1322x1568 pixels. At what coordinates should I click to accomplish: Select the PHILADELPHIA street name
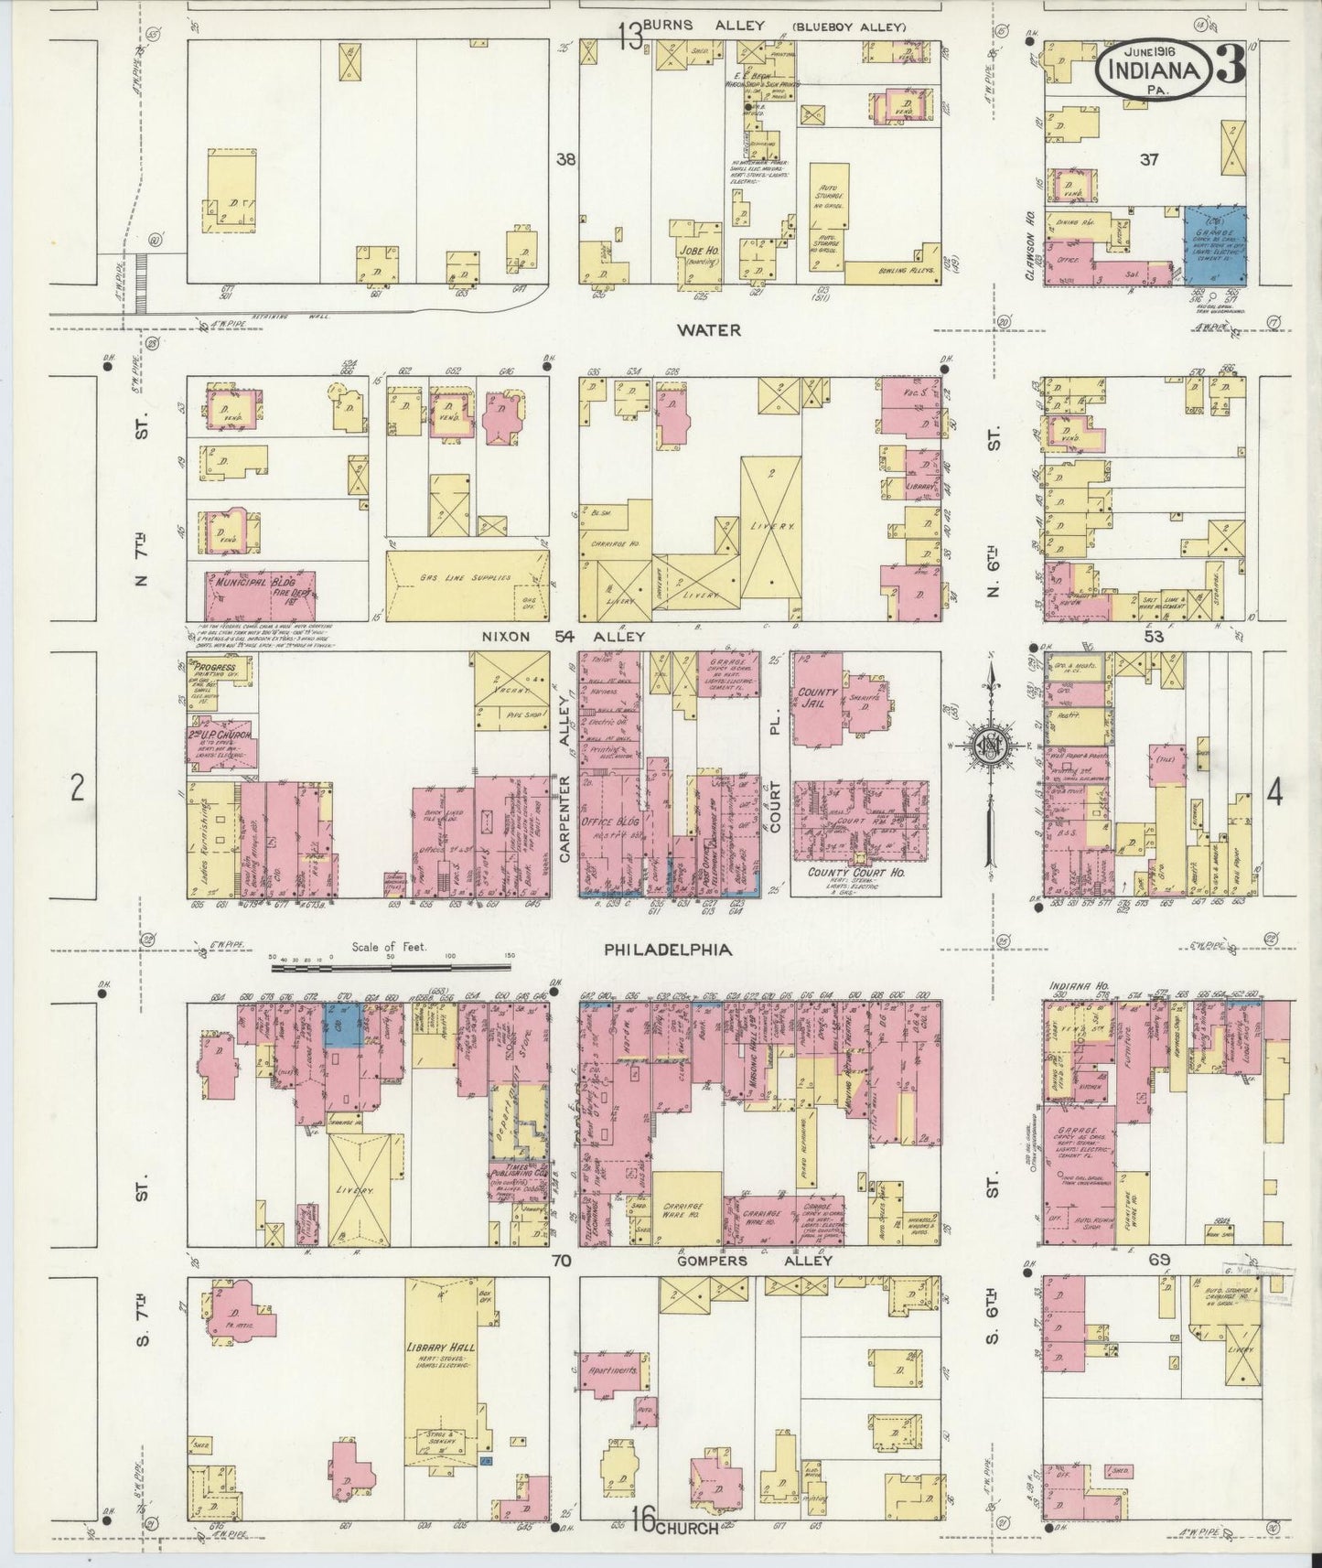[x=667, y=950]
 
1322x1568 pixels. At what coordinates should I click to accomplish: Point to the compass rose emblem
[x=989, y=744]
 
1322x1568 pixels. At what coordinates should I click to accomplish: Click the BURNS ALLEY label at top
[x=704, y=26]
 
